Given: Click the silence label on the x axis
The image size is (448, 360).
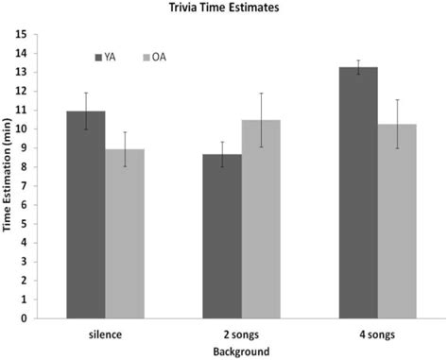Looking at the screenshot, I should click(x=105, y=334).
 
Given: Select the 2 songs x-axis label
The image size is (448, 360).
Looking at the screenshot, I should click(x=242, y=334).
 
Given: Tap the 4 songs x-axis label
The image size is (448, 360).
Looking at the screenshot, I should click(x=378, y=334).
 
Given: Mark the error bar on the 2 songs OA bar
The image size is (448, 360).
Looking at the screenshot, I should click(x=261, y=120).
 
